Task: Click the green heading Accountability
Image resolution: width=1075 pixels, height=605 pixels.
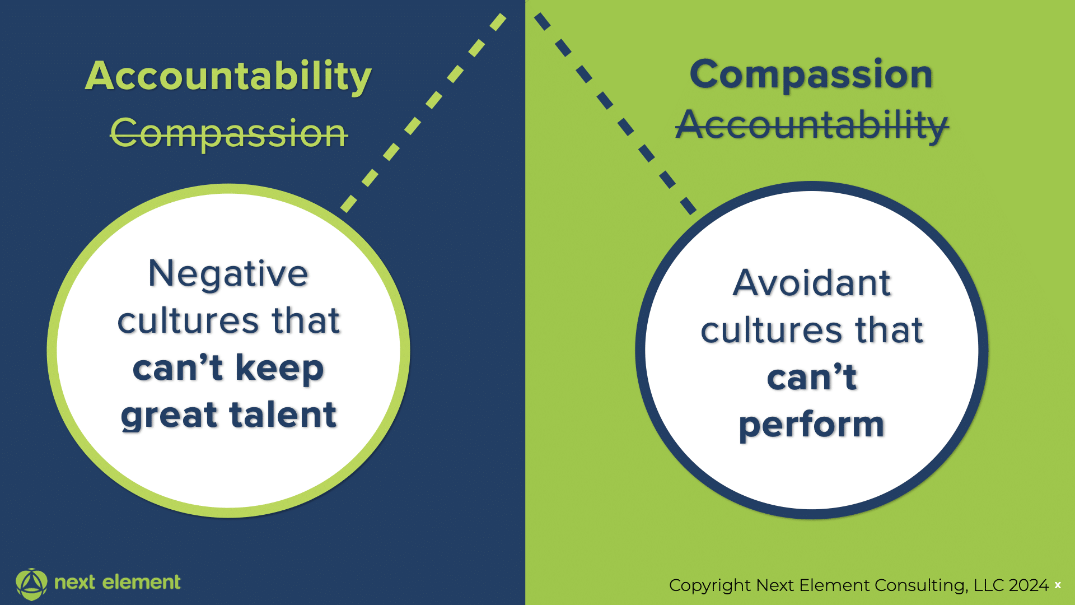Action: (228, 76)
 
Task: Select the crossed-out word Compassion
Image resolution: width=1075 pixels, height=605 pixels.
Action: (229, 133)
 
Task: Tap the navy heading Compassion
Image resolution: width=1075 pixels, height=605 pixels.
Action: (811, 75)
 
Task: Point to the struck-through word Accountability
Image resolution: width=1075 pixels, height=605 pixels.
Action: (812, 125)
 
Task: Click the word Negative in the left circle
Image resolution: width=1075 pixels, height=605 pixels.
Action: (228, 274)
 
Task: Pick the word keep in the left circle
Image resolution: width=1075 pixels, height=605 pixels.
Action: (279, 368)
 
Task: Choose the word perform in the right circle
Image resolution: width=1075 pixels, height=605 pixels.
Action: (812, 425)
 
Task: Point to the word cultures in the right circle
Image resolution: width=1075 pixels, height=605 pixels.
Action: (772, 330)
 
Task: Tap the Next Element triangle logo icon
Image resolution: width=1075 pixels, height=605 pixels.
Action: (31, 584)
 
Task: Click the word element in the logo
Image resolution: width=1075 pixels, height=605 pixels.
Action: (141, 582)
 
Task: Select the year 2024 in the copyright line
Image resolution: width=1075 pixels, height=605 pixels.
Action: (1029, 585)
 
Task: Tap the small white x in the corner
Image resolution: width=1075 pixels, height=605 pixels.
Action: (1058, 585)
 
